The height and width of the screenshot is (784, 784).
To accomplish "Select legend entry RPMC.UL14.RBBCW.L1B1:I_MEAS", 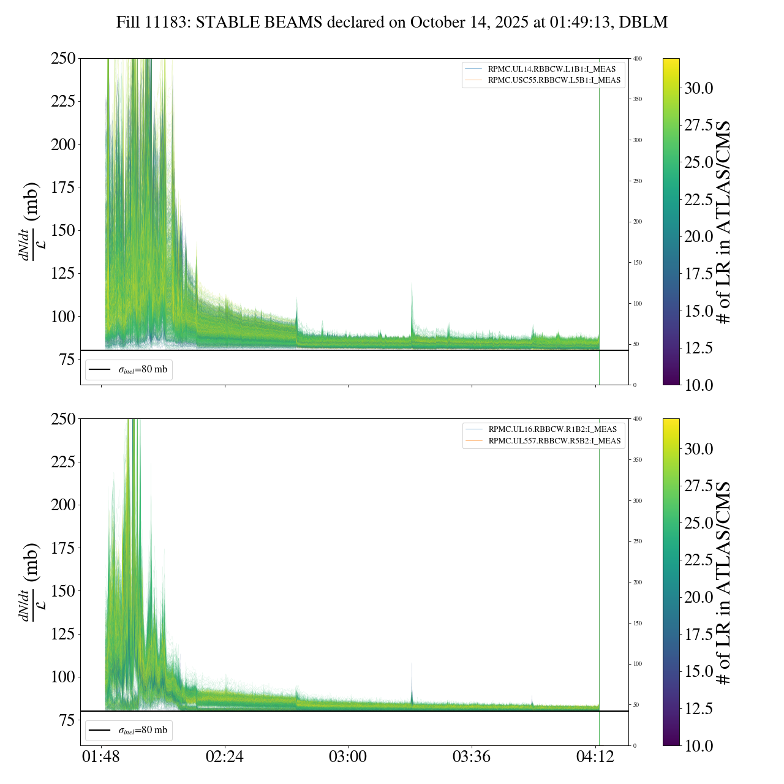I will pos(551,69).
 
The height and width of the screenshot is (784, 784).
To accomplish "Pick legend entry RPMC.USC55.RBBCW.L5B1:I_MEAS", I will pos(554,80).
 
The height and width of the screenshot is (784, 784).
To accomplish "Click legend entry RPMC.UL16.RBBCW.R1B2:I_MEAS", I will pos(552,429).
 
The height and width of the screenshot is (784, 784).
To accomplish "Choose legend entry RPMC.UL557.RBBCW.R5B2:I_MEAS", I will pos(554,441).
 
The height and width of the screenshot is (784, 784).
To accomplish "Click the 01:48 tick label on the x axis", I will pos(101,757).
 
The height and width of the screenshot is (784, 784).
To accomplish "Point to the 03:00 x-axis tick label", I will pos(348,757).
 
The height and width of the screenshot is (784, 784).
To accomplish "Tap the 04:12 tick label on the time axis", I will pos(595,757).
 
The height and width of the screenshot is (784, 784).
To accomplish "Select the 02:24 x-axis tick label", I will pos(225,757).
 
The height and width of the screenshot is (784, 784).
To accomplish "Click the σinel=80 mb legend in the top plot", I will pos(129,370).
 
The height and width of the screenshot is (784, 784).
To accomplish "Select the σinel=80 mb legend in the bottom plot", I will pos(129,731).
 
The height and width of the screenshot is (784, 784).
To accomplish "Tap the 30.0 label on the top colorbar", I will pos(698,88).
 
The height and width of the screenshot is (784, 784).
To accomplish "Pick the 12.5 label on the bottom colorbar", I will pos(698,709).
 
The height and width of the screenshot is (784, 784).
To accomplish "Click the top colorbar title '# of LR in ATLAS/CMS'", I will pos(724,222).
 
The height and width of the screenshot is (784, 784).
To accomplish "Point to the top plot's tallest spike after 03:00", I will pos(412,284).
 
